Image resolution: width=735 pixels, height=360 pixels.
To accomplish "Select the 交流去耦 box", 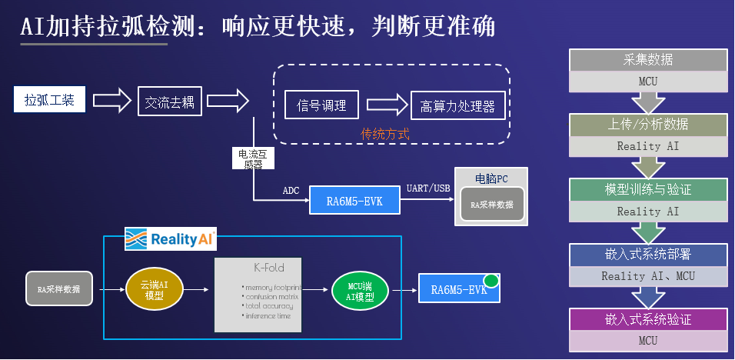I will (170, 101).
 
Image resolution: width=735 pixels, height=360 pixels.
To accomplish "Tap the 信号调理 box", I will (321, 105).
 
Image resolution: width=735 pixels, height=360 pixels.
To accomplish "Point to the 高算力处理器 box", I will (457, 106).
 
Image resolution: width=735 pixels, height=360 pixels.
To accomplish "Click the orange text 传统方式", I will (385, 133).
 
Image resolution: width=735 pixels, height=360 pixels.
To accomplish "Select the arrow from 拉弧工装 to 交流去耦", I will (113, 100).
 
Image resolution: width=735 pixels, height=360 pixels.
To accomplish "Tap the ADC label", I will (291, 191).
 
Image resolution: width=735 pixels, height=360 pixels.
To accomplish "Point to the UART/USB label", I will (428, 188).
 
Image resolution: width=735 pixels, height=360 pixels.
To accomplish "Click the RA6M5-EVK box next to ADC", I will (354, 201).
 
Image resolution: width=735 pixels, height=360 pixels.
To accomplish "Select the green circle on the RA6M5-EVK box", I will (491, 281).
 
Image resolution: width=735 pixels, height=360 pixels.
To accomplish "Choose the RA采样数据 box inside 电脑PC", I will (491, 205).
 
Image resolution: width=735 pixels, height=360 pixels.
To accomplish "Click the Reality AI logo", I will (171, 239).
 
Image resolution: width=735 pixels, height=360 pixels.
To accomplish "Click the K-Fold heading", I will (269, 268).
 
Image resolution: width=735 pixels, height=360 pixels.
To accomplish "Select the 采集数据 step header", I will (649, 60).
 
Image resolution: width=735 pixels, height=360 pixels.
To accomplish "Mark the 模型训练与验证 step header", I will (649, 189).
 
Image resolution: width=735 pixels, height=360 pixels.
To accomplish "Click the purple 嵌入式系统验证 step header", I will (649, 319).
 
